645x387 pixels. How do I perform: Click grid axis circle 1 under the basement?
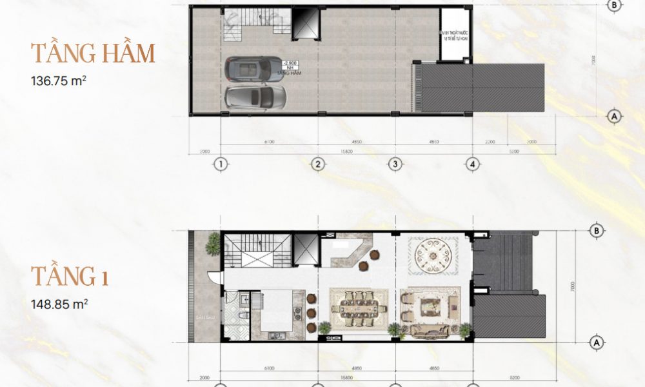click(x=221, y=164)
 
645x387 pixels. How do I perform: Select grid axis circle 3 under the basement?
click(x=395, y=164)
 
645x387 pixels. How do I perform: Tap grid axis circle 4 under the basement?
click(x=473, y=164)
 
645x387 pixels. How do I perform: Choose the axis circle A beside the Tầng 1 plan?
click(x=595, y=341)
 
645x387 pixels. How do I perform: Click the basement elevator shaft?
click(x=306, y=24)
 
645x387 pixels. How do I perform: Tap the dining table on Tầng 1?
click(x=358, y=308)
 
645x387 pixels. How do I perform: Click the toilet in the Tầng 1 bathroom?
click(x=242, y=315)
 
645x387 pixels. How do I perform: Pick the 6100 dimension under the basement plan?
click(x=269, y=141)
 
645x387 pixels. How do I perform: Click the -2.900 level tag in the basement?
click(x=290, y=64)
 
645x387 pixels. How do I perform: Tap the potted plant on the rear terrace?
click(x=212, y=244)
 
